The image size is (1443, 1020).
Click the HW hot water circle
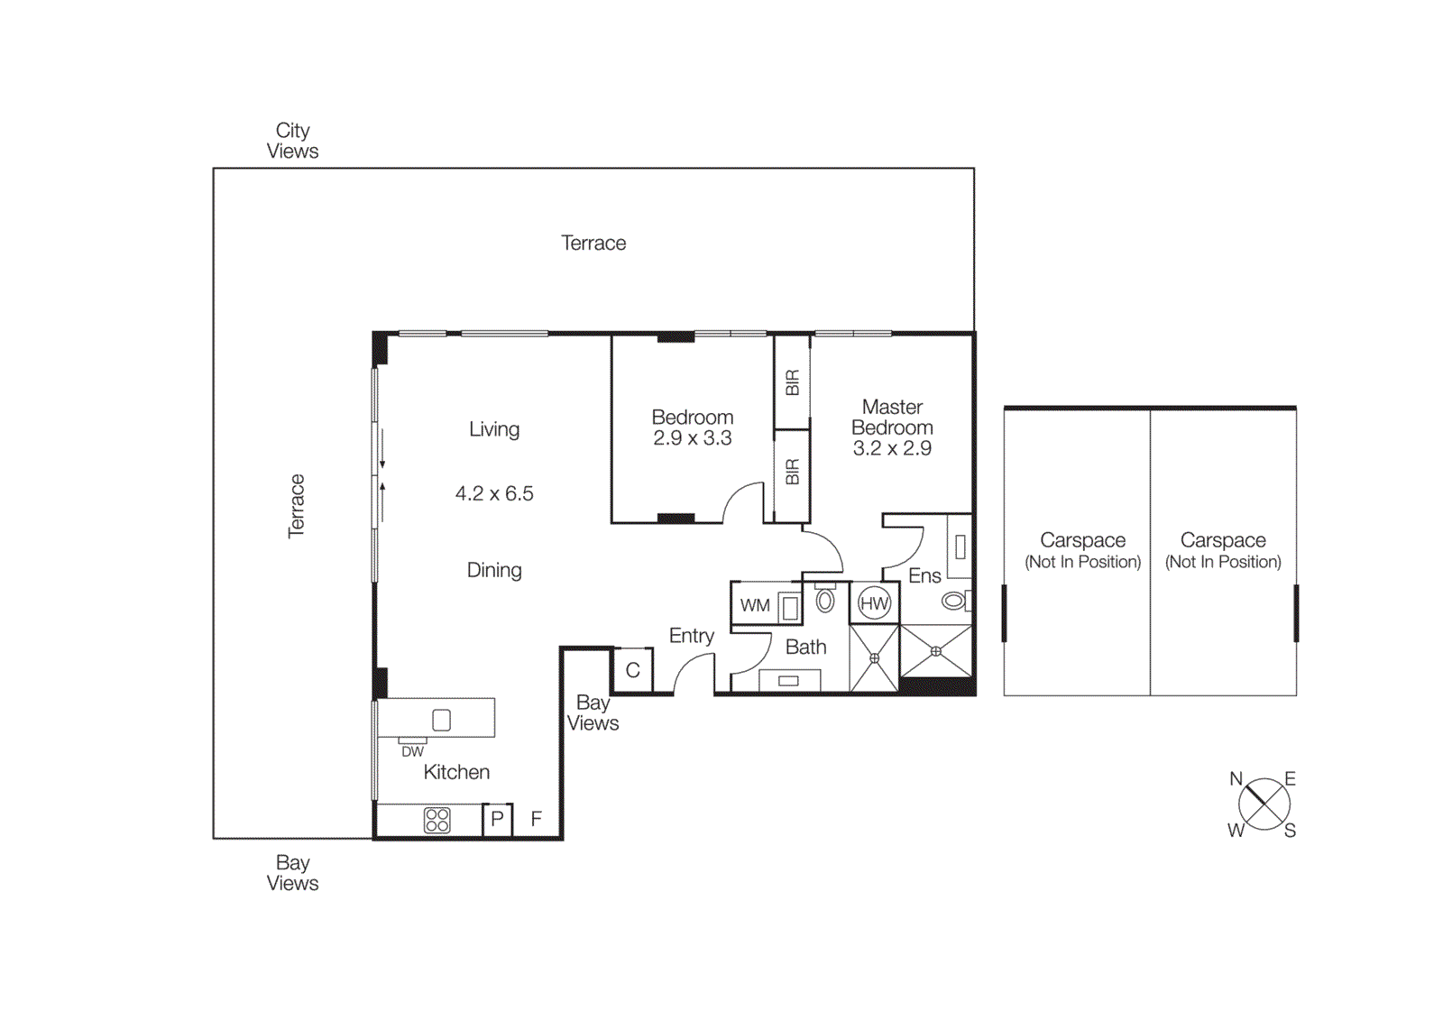[x=874, y=603]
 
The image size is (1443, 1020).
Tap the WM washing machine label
[x=755, y=605]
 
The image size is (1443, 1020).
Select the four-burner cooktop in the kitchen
[x=437, y=820]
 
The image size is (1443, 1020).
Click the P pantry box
[x=497, y=820]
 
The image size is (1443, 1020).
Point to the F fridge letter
[x=537, y=819]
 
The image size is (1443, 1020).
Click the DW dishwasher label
[x=412, y=751]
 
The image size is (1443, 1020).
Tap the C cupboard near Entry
[x=632, y=670]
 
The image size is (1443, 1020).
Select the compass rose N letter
[x=1236, y=778]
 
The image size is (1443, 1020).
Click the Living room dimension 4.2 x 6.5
[x=494, y=493]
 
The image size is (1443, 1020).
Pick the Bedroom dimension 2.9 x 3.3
[x=692, y=438]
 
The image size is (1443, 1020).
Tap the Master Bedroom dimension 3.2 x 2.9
[x=892, y=448]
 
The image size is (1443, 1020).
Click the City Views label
[x=292, y=141]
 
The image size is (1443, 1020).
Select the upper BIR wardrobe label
[x=792, y=382]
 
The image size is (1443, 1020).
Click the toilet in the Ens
[x=954, y=600]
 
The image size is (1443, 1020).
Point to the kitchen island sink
[x=441, y=720]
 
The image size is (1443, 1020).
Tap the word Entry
[x=691, y=636]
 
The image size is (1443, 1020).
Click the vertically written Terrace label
[x=296, y=506]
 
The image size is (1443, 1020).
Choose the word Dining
[x=494, y=570]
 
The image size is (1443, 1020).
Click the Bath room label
[x=805, y=647]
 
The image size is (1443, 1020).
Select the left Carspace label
[x=1082, y=540]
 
